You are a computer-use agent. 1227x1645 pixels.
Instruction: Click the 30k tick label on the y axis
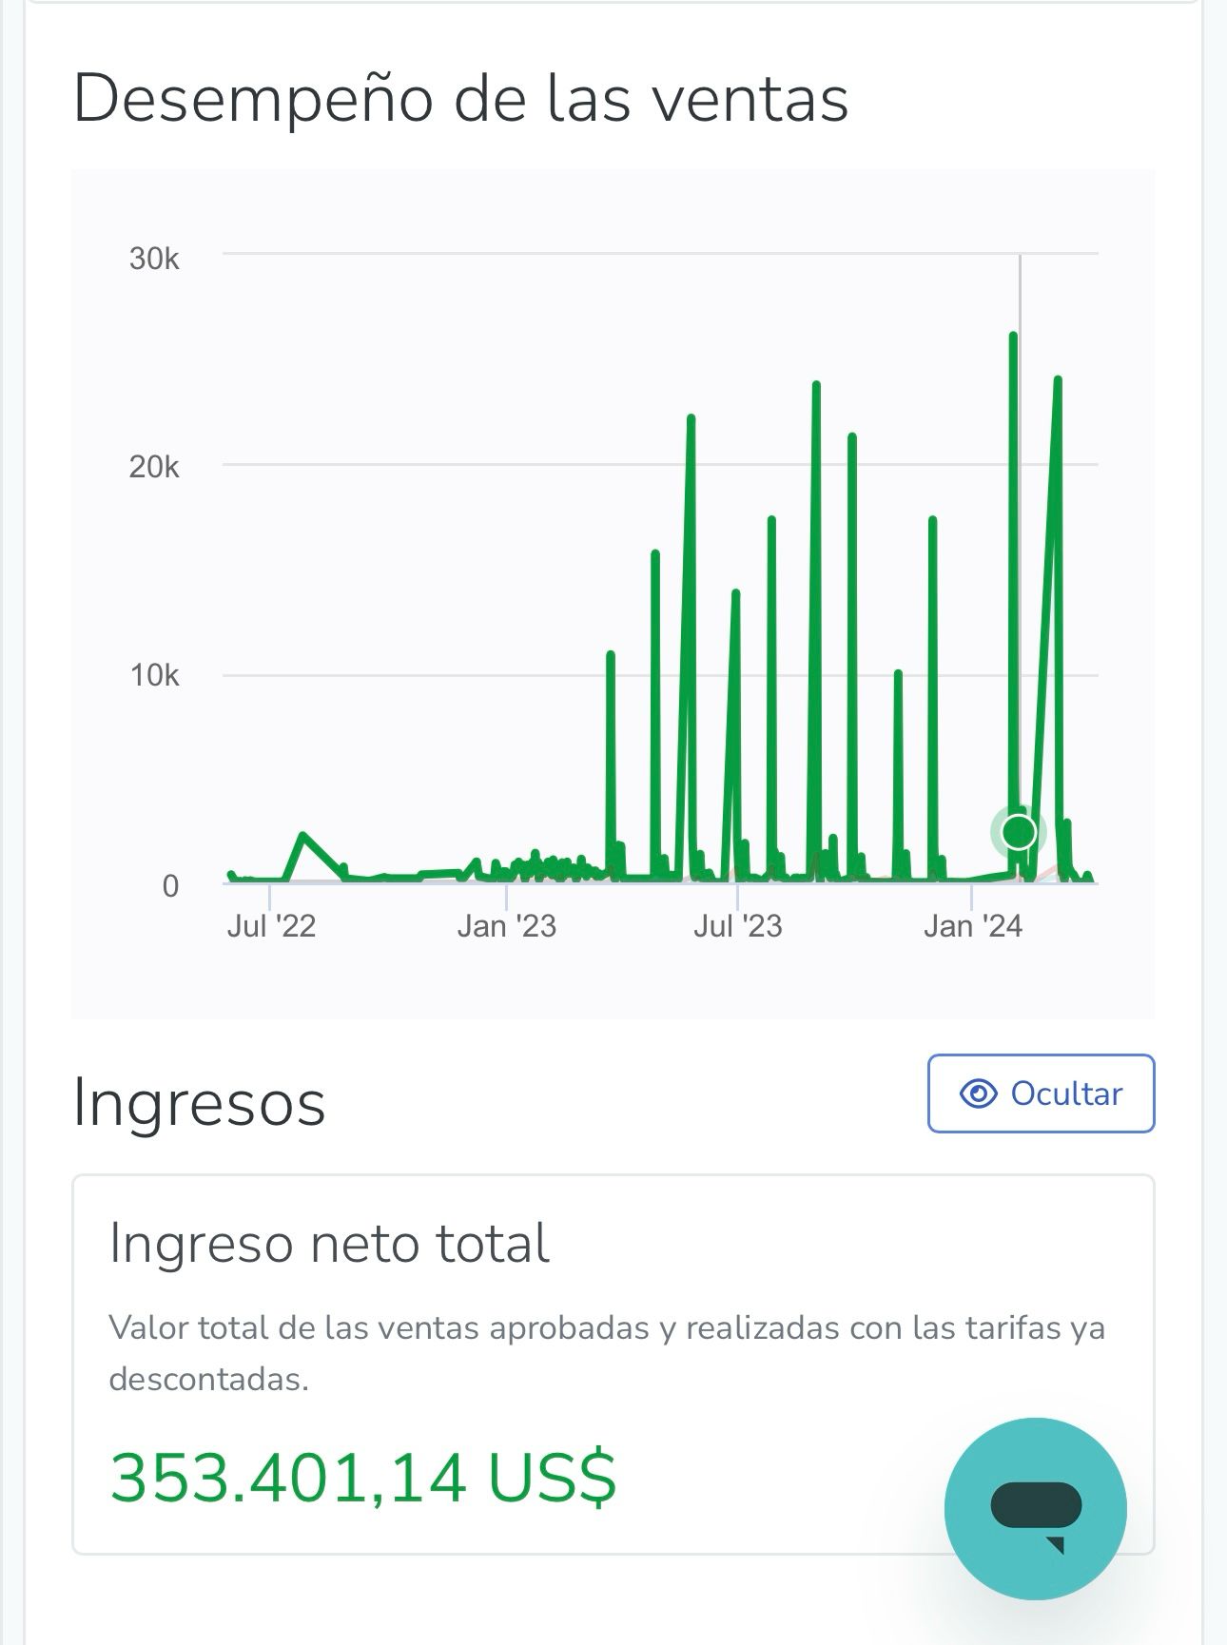pos(154,259)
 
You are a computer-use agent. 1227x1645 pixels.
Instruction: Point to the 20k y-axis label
pos(154,467)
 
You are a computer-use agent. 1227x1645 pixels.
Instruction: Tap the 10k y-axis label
pos(154,676)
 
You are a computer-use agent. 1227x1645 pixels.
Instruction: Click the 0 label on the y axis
pos(170,886)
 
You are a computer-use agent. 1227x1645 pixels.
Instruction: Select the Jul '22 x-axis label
pos(271,926)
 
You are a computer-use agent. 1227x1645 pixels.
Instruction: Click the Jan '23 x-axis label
pos(506,926)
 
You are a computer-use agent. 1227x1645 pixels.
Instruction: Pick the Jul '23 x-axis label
pos(737,926)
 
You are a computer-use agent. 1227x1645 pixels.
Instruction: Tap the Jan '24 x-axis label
pos(972,926)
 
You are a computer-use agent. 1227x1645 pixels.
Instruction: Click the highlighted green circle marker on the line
pos(1019,832)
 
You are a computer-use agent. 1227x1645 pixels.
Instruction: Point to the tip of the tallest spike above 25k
pos(1013,336)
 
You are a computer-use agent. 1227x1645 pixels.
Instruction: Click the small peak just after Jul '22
pos(302,836)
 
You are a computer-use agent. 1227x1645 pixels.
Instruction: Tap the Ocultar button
pos(1041,1093)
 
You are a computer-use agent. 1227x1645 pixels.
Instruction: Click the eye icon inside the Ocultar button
pos(978,1093)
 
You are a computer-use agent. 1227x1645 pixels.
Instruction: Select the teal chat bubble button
pos(1035,1508)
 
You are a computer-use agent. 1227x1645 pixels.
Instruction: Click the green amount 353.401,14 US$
pos(363,1478)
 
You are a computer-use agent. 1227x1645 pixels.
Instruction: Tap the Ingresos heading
pos(199,1103)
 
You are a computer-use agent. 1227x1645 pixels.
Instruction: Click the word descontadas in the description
pos(208,1379)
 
